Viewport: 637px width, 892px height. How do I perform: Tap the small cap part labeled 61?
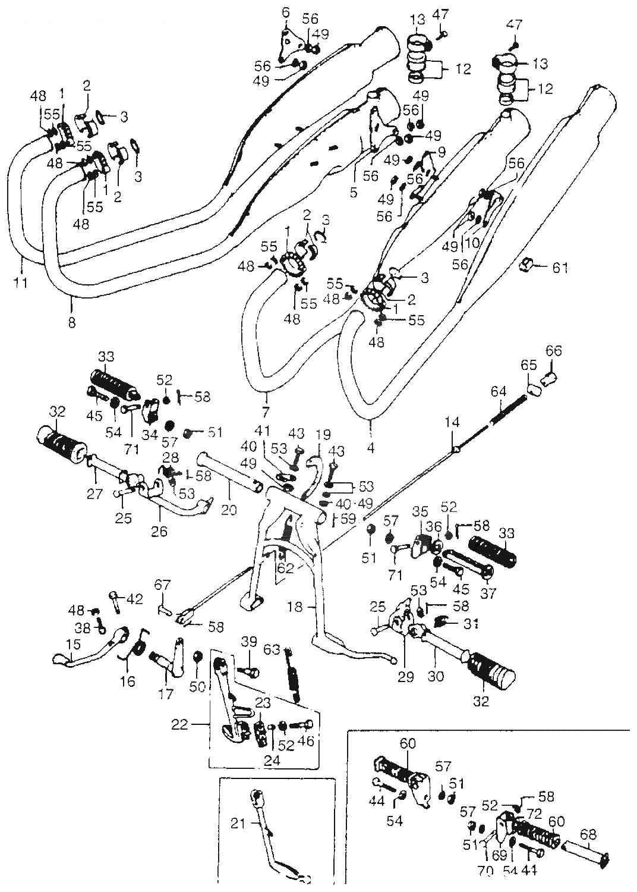[526, 263]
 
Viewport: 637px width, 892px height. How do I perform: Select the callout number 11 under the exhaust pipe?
[21, 284]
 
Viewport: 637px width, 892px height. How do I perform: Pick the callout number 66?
[553, 351]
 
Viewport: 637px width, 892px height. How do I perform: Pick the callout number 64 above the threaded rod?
[499, 391]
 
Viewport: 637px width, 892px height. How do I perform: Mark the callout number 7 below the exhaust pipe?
[265, 412]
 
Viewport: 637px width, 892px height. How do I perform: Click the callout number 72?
[534, 811]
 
